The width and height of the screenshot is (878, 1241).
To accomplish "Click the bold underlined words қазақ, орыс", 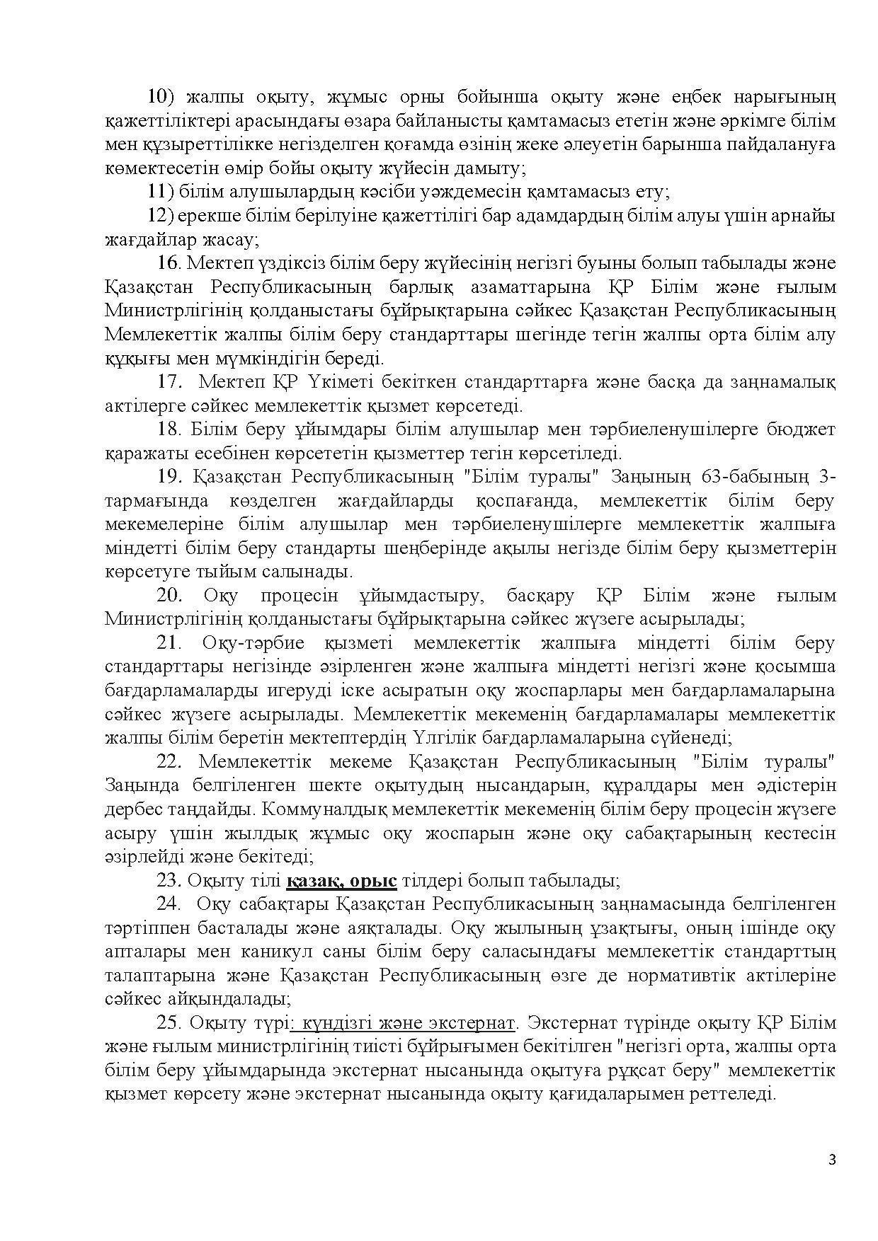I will (342, 881).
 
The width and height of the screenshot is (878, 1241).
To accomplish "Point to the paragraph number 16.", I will (170, 263).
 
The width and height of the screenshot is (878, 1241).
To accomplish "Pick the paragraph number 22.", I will (170, 762).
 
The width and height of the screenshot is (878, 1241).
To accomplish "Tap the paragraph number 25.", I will (170, 1023).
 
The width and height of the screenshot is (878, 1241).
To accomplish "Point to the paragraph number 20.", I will (170, 596).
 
